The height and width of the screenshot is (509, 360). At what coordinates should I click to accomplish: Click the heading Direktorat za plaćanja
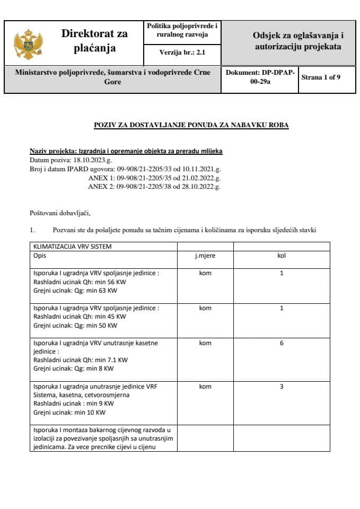tap(94, 41)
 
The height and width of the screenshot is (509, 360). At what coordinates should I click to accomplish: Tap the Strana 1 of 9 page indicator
tap(321, 77)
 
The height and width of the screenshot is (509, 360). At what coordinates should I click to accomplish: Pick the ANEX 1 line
tap(154, 178)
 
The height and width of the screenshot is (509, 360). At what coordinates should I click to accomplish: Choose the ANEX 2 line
tap(154, 186)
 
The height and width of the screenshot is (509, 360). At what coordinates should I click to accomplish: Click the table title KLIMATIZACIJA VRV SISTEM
tap(73, 247)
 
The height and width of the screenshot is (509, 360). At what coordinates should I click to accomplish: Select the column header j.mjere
tap(205, 256)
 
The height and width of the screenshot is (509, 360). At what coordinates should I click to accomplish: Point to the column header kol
tap(282, 256)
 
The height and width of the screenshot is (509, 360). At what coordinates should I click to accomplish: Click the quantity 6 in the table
tap(282, 343)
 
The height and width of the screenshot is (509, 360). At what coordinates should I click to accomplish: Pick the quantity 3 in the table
tap(282, 387)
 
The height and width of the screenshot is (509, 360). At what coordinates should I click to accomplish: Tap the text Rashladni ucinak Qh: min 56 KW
tap(80, 282)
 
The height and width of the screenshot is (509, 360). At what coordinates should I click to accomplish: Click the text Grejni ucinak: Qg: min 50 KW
tap(75, 325)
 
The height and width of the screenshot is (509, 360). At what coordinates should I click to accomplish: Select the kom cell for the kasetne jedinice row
tap(205, 343)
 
